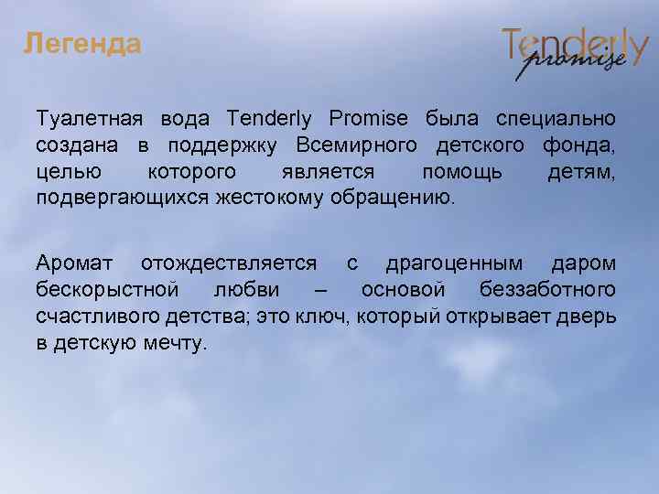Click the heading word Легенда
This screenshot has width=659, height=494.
click(82, 44)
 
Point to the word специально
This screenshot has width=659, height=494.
click(556, 120)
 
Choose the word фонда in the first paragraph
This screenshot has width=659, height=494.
click(579, 146)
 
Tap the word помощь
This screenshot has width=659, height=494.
click(461, 172)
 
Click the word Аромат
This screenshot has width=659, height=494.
click(75, 264)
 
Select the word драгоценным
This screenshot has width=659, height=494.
click(454, 264)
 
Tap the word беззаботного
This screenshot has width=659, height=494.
click(546, 291)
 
